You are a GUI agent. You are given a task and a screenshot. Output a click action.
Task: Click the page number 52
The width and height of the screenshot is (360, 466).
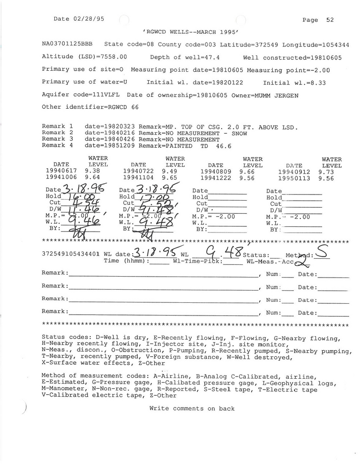[x=330, y=20]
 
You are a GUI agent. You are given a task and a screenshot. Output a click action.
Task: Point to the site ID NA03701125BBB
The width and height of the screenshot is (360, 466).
[x=67, y=44]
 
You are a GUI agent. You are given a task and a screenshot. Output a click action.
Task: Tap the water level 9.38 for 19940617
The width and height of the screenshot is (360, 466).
[x=92, y=172]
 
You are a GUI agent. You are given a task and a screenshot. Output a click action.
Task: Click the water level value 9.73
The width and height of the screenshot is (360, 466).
[x=326, y=172]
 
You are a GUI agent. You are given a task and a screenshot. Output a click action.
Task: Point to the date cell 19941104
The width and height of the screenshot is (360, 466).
[x=138, y=179]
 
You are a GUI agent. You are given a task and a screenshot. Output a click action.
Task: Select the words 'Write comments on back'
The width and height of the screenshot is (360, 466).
[x=192, y=408]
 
